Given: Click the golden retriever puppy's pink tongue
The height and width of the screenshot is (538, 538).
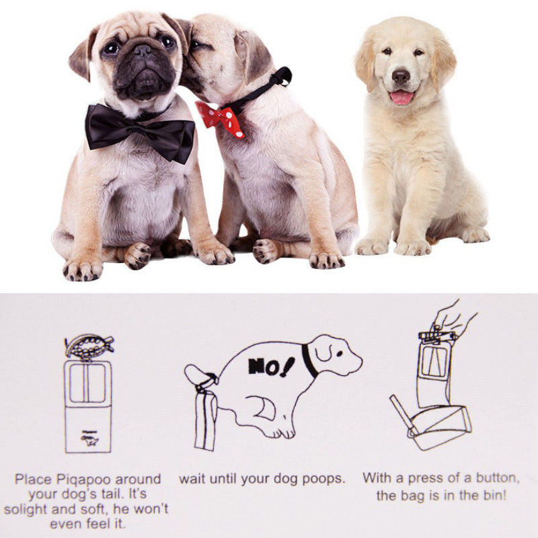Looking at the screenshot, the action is [401, 98].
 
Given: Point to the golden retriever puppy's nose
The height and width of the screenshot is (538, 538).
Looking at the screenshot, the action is [401, 75].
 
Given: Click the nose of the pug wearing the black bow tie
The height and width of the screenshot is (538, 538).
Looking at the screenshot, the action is [143, 50].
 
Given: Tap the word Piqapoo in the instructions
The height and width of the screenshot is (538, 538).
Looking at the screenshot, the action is [83, 479].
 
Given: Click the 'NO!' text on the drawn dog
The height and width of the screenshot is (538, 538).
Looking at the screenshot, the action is [271, 367].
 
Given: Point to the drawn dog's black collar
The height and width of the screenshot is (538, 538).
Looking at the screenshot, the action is [309, 360].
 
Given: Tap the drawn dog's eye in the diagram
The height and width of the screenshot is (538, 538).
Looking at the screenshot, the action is [340, 354].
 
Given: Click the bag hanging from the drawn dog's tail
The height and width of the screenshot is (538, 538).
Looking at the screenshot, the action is [205, 422].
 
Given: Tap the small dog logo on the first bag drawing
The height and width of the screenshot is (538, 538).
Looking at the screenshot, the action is [89, 439].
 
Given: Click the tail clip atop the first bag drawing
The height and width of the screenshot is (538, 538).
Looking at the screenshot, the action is [89, 346].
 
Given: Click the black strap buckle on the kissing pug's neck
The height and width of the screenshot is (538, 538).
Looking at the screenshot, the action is [284, 76].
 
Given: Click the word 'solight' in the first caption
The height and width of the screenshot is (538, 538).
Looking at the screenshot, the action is [27, 509].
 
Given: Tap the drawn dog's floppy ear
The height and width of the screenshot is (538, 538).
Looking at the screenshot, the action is [322, 350].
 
